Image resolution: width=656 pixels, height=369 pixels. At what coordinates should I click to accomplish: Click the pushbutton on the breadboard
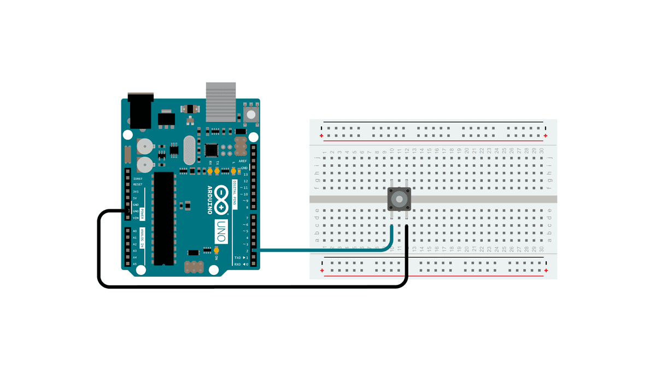point(399,199)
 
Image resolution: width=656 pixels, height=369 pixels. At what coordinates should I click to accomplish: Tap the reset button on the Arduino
point(251,114)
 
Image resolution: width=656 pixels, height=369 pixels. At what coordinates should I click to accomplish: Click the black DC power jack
point(141,109)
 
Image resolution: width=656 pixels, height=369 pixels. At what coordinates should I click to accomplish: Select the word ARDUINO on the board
point(210,200)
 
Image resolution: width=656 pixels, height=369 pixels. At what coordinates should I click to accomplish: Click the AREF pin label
point(243,161)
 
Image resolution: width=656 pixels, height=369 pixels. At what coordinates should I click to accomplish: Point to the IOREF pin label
point(138,179)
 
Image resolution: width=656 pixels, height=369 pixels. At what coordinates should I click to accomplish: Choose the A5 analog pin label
point(135,264)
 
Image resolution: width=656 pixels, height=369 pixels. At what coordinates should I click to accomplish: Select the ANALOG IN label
point(143,239)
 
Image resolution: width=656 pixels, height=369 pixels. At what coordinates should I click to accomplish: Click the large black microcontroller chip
point(163,219)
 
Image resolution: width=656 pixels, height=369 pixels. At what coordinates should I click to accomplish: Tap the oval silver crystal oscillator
point(189,150)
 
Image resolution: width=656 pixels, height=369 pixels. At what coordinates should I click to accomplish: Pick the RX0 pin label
point(238,264)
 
